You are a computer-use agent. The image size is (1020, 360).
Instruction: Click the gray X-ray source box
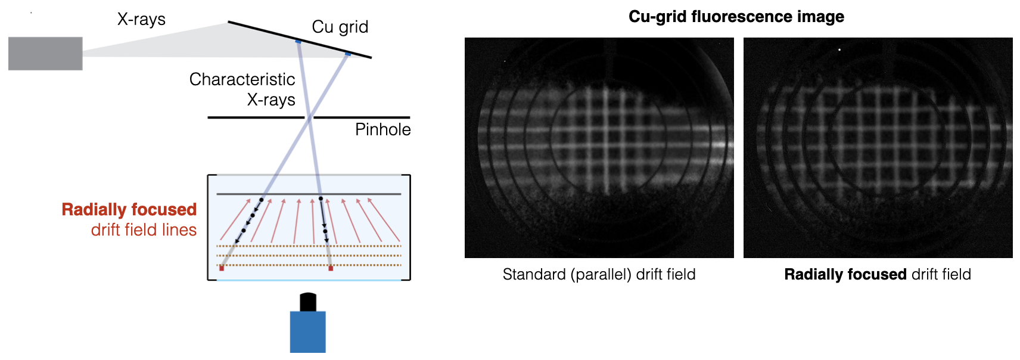[x=45, y=53]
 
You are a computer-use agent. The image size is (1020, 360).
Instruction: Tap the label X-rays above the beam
[x=141, y=19]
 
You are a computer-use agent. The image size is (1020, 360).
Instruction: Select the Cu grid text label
[x=340, y=27]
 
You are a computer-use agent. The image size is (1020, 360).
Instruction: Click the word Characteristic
[x=242, y=79]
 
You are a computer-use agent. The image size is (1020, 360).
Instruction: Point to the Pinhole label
[x=383, y=129]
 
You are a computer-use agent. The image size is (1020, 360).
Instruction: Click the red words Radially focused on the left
[x=129, y=209]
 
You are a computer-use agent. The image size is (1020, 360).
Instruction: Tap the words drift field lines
[x=144, y=229]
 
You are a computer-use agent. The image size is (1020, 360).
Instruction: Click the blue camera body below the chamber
[x=308, y=332]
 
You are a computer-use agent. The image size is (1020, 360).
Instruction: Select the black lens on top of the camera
[x=308, y=302]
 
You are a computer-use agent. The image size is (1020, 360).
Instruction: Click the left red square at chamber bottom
[x=222, y=268]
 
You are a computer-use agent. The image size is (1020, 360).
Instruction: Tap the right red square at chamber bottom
[x=331, y=268]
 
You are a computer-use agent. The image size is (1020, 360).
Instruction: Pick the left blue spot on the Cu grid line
[x=298, y=42]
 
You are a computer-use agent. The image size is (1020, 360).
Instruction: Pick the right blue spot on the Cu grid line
[x=348, y=54]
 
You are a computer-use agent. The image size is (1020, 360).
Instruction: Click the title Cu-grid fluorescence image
[x=736, y=17]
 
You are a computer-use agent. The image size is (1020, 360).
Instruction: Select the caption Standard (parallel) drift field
[x=599, y=274]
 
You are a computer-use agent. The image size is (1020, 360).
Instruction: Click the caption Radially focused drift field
[x=878, y=274]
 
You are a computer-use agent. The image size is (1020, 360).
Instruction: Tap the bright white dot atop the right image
[x=839, y=49]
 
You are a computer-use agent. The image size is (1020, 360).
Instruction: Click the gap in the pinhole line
[x=309, y=117]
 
